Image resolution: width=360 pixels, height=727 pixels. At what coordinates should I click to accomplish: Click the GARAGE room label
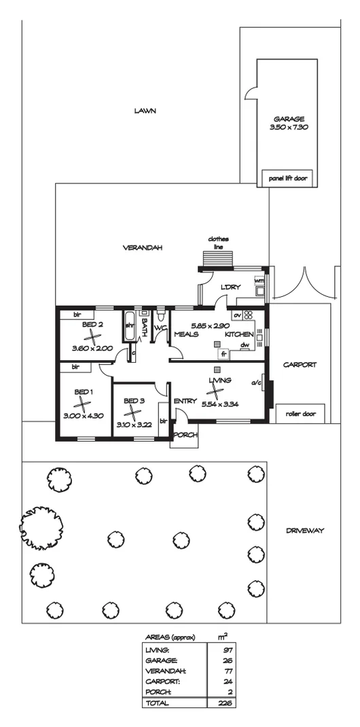(x=282, y=119)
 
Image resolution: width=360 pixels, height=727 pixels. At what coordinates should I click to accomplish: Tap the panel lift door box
(x=288, y=178)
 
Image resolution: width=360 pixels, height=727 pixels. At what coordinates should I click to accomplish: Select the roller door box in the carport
(x=300, y=414)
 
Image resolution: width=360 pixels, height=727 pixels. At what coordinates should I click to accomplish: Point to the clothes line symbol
(x=219, y=259)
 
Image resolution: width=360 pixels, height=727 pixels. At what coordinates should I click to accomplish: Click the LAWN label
(x=145, y=111)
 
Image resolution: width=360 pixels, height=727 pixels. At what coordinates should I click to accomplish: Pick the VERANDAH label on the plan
(x=142, y=247)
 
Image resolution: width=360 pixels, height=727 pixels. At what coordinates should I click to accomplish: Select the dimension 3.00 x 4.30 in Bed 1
(x=83, y=416)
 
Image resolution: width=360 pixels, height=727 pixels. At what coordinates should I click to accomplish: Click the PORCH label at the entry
(x=185, y=435)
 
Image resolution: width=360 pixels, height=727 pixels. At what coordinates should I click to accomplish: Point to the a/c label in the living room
(x=255, y=383)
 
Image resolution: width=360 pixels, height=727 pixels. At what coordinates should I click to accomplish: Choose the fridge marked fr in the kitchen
(x=223, y=354)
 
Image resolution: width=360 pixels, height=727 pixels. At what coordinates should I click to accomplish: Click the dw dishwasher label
(x=245, y=344)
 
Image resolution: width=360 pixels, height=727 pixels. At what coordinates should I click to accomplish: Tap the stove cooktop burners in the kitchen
(x=249, y=315)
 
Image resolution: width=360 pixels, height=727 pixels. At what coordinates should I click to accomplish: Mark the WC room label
(x=160, y=328)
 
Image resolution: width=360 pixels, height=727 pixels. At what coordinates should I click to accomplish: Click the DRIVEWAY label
(x=304, y=531)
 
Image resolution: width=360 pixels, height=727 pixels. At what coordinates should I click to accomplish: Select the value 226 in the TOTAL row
(x=227, y=716)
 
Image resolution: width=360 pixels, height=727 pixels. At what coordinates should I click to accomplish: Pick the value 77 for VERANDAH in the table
(x=228, y=671)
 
